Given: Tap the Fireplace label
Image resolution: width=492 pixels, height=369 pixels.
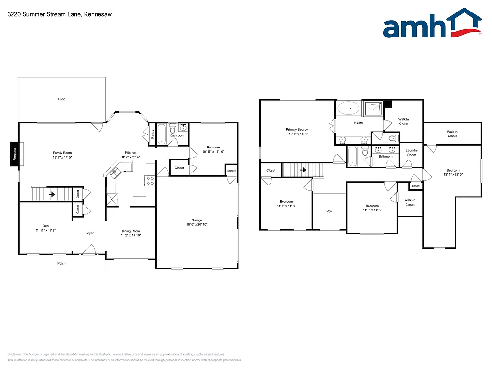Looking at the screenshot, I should tap(14, 155).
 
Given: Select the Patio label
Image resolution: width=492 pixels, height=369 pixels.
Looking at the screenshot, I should tap(61, 99).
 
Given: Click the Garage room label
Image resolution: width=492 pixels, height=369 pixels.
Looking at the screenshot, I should tap(197, 220).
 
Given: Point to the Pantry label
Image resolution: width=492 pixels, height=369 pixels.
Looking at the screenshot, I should tap(153, 134).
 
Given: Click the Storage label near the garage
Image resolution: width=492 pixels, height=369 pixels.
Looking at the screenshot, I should tap(232, 171).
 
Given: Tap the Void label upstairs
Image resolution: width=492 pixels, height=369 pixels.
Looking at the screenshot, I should tap(329, 211).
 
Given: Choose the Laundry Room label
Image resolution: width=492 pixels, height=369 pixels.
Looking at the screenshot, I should tap(412, 153).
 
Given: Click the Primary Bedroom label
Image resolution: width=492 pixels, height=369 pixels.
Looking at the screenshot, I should tap(298, 130).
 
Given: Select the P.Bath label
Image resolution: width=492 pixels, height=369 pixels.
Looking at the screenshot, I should tap(358, 123).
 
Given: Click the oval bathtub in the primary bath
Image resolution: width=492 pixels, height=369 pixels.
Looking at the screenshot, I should tap(348, 108).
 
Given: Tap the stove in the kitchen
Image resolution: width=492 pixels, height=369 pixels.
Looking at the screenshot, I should tap(149, 181).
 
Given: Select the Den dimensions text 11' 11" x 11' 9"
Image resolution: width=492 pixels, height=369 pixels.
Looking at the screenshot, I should tap(45, 231).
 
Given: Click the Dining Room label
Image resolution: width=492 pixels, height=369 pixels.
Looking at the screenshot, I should tap(131, 231).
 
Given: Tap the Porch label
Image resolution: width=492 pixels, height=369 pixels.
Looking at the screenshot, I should tap(61, 263).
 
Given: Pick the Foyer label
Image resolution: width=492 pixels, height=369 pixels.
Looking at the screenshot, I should tap(89, 233).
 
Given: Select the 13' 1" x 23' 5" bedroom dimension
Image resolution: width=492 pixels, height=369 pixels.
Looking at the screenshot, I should tap(453, 175).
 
